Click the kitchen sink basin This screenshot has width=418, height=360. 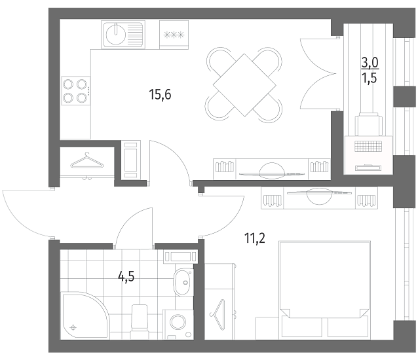coord(116,34)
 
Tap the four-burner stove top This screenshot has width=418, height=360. coord(76,91)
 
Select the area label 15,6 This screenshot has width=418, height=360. coord(161,94)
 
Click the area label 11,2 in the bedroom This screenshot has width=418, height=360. coord(255,238)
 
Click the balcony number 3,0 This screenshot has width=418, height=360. coord(370,63)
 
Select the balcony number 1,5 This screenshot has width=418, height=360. coord(370,78)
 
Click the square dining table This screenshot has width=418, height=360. coord(244,85)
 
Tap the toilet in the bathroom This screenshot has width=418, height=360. coord(140,321)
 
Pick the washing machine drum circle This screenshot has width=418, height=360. coord(178,322)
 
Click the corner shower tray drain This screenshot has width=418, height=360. coord(73,327)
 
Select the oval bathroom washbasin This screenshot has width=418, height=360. coord(183,282)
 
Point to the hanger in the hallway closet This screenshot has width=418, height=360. coord(86,161)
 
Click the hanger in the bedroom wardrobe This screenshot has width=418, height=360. coord(218,314)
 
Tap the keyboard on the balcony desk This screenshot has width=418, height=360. coord(368,146)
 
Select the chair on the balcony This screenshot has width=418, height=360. coord(368,124)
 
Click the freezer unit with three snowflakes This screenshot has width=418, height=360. coord(174,35)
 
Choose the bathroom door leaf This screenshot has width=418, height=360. coord(152,228)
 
